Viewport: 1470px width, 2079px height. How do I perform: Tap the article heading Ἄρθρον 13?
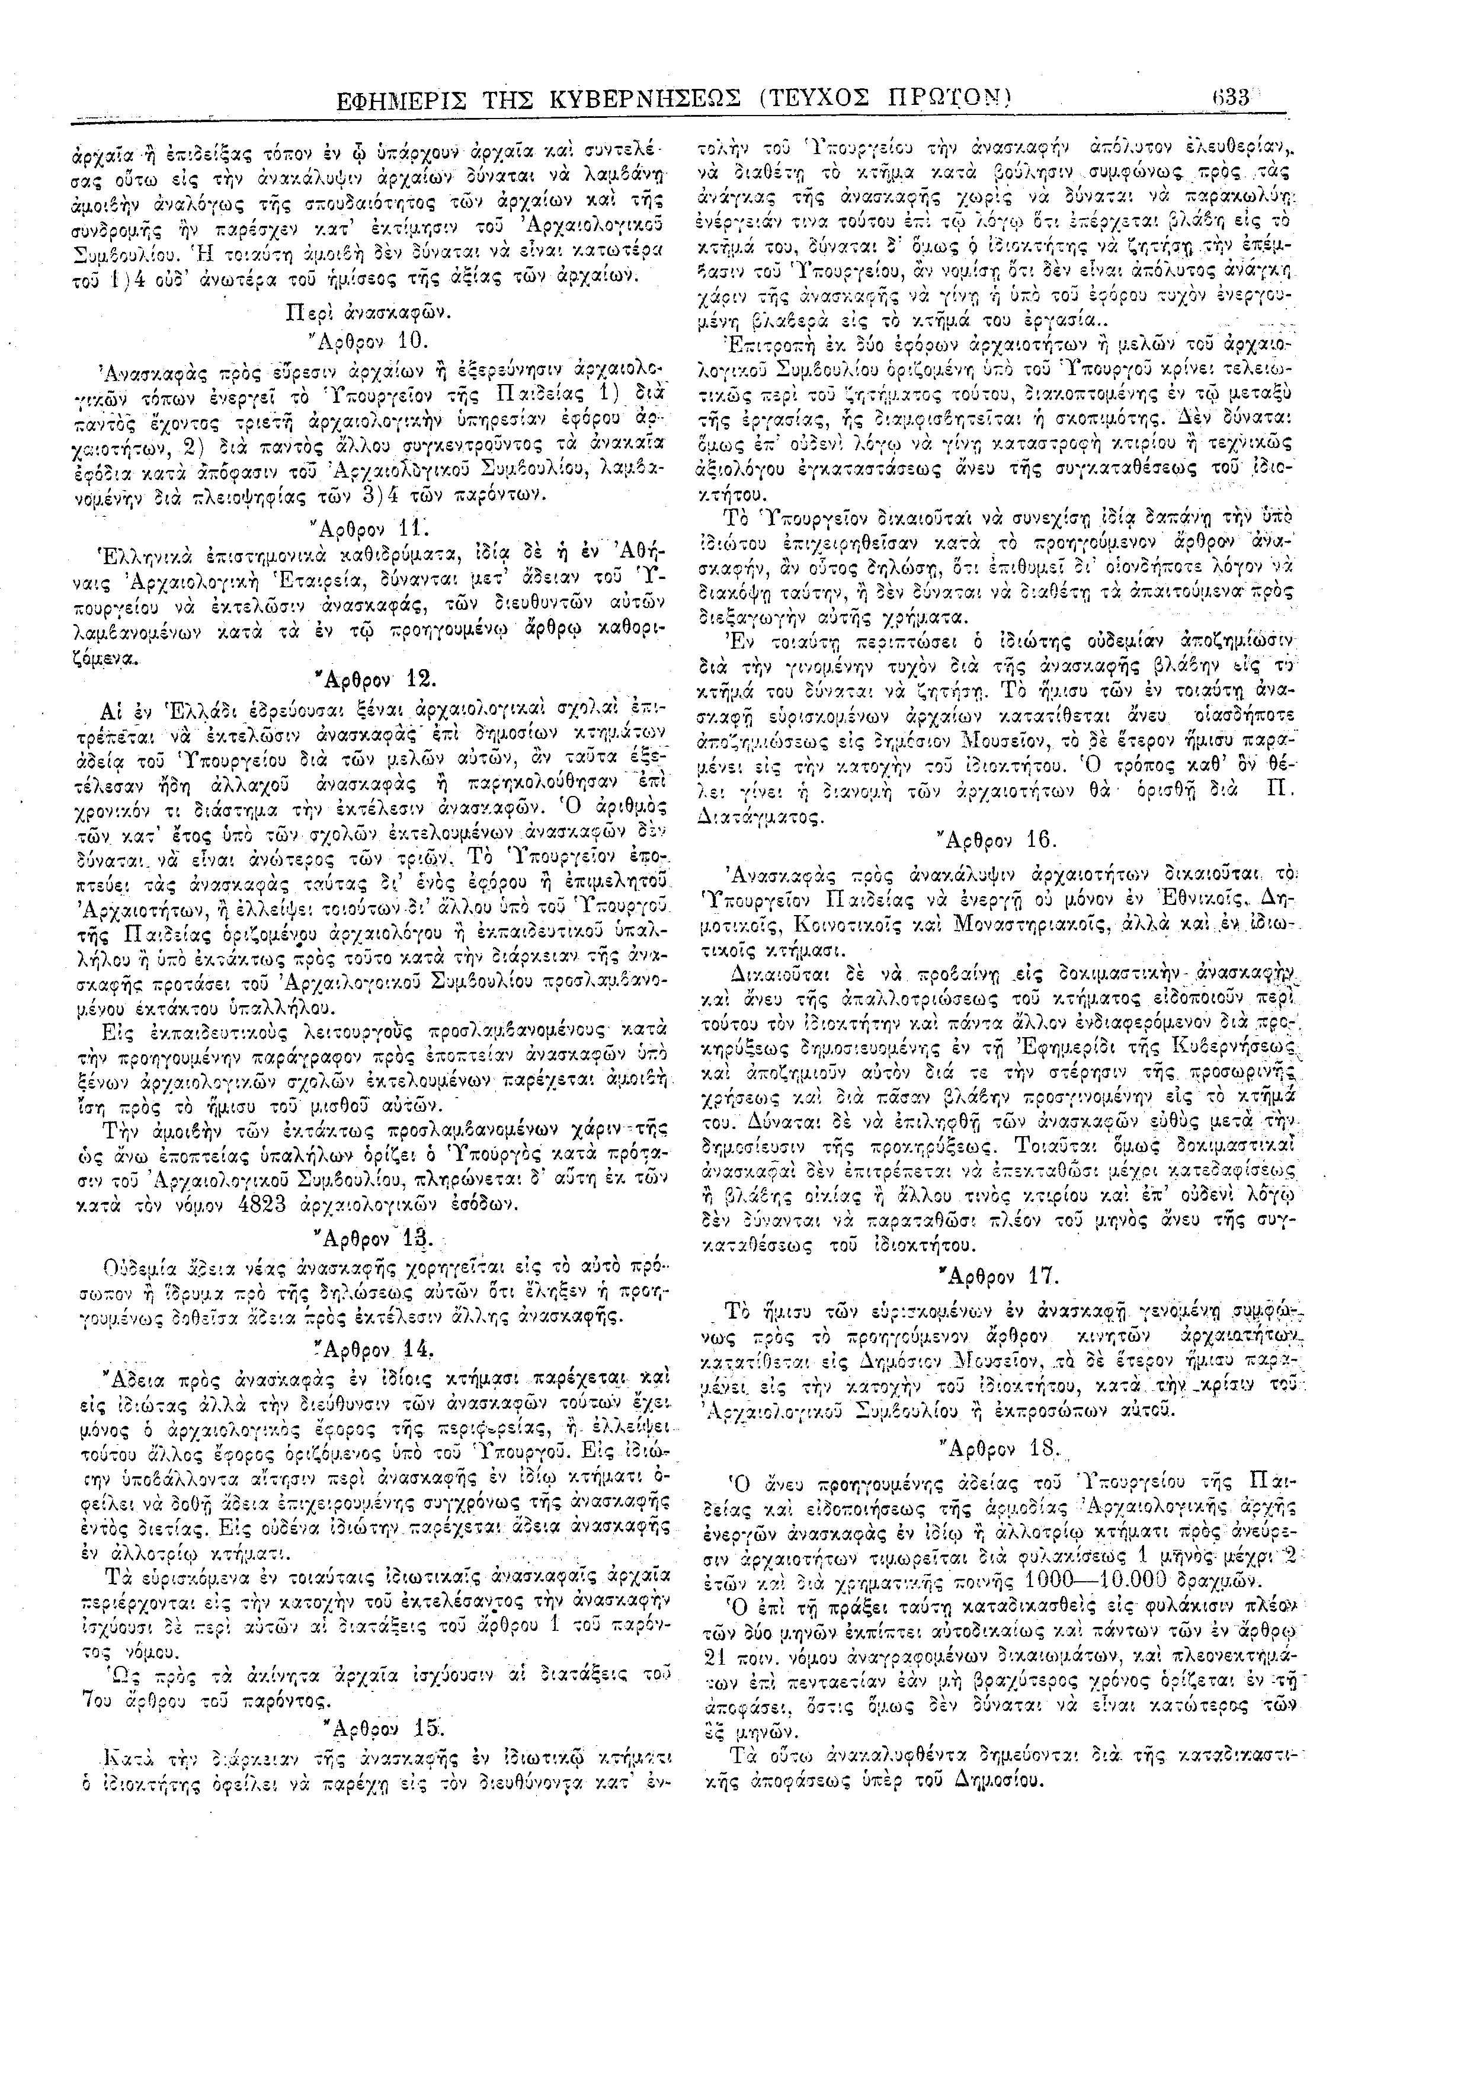[x=367, y=1238]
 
